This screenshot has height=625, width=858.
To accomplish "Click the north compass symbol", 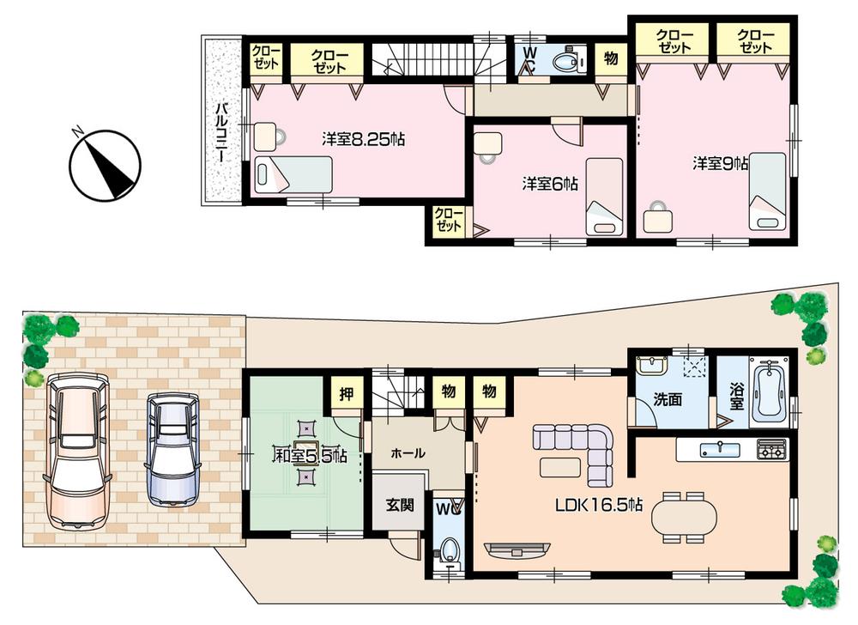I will tap(106, 163).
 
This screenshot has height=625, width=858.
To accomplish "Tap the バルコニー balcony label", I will tap(221, 133).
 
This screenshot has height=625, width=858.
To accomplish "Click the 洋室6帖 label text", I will tap(549, 183).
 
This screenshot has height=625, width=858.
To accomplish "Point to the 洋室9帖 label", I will tap(720, 162).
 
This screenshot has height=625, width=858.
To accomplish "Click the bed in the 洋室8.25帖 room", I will tap(293, 174).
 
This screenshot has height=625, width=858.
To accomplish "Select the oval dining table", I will tap(683, 518).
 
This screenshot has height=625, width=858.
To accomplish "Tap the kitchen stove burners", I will tap(770, 449).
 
